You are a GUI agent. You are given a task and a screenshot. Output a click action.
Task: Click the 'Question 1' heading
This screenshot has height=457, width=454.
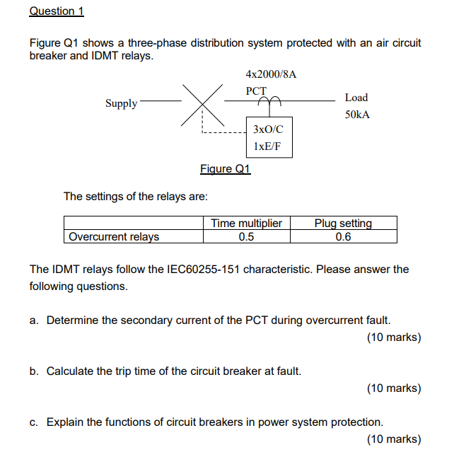56,11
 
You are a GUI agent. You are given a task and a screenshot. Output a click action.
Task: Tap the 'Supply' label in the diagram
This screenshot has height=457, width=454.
122,103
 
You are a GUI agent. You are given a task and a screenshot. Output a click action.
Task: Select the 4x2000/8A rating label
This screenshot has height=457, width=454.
272,74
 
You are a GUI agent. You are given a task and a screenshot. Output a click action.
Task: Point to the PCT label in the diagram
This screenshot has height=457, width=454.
256,91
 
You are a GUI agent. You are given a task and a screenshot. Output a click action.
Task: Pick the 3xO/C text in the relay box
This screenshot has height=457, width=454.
268,129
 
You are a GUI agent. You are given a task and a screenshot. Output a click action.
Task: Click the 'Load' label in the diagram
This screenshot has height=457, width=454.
356,98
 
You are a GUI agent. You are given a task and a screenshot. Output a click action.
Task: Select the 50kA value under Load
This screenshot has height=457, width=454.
357,115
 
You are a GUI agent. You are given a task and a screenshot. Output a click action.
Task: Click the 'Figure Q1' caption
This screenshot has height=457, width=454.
226,168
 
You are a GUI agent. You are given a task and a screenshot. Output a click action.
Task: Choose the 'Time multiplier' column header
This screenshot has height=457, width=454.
247,224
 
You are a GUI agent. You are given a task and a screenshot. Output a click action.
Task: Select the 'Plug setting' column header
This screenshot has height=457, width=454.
343,224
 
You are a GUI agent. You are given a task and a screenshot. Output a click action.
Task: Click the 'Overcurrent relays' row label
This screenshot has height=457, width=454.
114,237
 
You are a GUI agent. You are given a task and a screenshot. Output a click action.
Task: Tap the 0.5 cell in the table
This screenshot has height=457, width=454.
246,237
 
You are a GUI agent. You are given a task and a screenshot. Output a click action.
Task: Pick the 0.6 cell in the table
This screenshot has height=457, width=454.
343,237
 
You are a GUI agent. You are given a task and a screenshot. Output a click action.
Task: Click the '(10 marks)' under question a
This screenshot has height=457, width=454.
394,337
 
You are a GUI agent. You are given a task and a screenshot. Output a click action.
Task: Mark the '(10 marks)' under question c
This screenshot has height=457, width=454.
394,439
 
